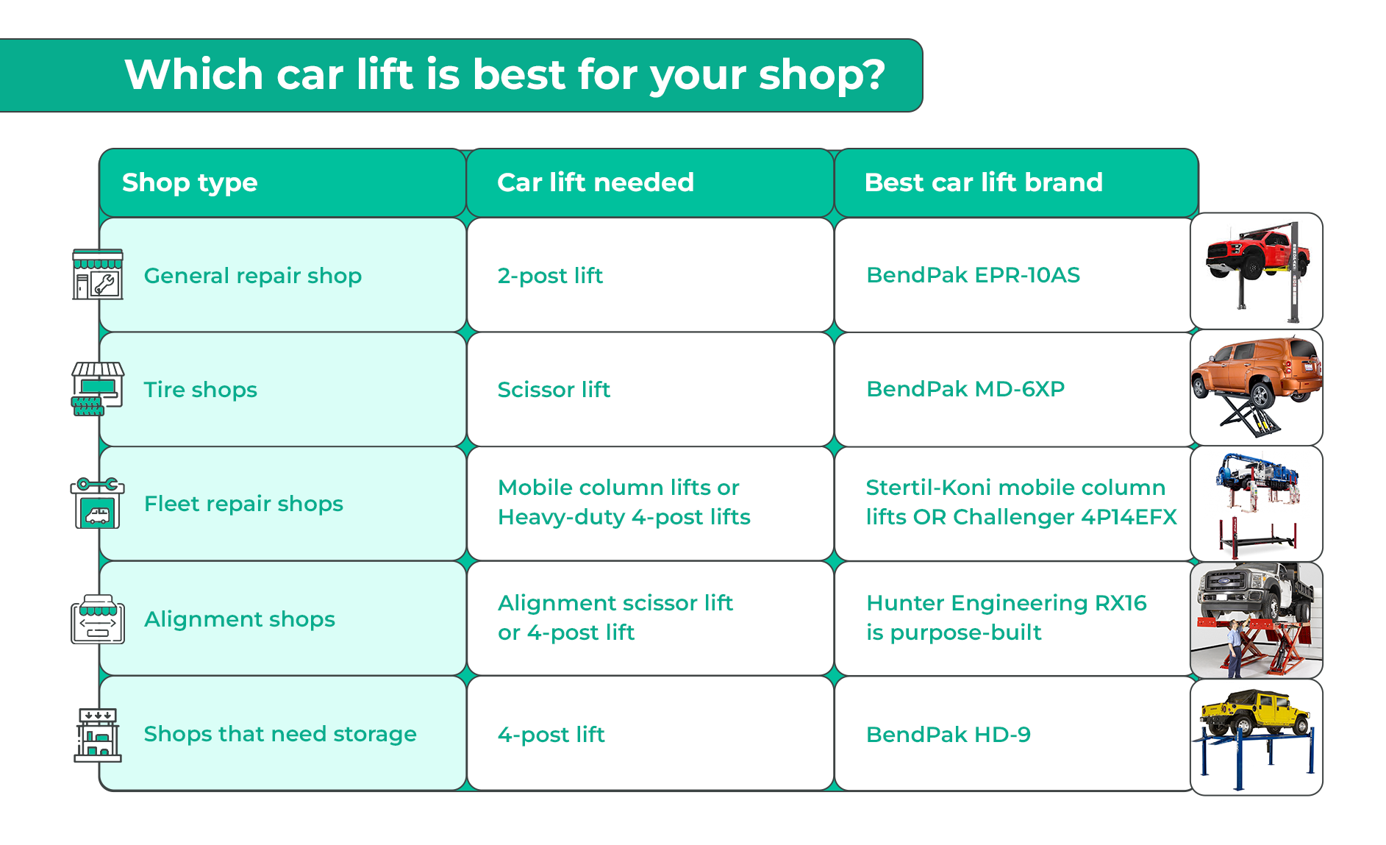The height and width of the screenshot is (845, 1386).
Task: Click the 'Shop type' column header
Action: pyautogui.click(x=190, y=182)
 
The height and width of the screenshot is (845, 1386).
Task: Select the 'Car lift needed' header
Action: pyautogui.click(x=596, y=182)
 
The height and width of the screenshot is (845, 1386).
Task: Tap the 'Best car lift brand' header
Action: pyautogui.click(x=984, y=182)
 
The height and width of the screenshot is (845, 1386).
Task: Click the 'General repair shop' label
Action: pyautogui.click(x=253, y=276)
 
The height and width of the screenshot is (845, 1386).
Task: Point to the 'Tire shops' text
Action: pyautogui.click(x=201, y=390)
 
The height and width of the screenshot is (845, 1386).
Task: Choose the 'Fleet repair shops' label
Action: pyautogui.click(x=244, y=504)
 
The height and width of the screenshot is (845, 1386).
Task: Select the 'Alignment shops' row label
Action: pyautogui.click(x=240, y=619)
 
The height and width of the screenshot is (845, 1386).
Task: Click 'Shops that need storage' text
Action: pyautogui.click(x=280, y=734)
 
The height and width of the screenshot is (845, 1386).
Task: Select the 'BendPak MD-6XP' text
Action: pyautogui.click(x=965, y=389)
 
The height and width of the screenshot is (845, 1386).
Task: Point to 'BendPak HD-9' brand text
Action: pyautogui.click(x=949, y=735)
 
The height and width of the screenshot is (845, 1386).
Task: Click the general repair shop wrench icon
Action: pyautogui.click(x=98, y=274)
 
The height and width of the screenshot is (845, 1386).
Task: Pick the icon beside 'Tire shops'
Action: pyautogui.click(x=98, y=389)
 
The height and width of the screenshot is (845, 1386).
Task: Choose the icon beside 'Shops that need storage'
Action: pyautogui.click(x=98, y=735)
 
